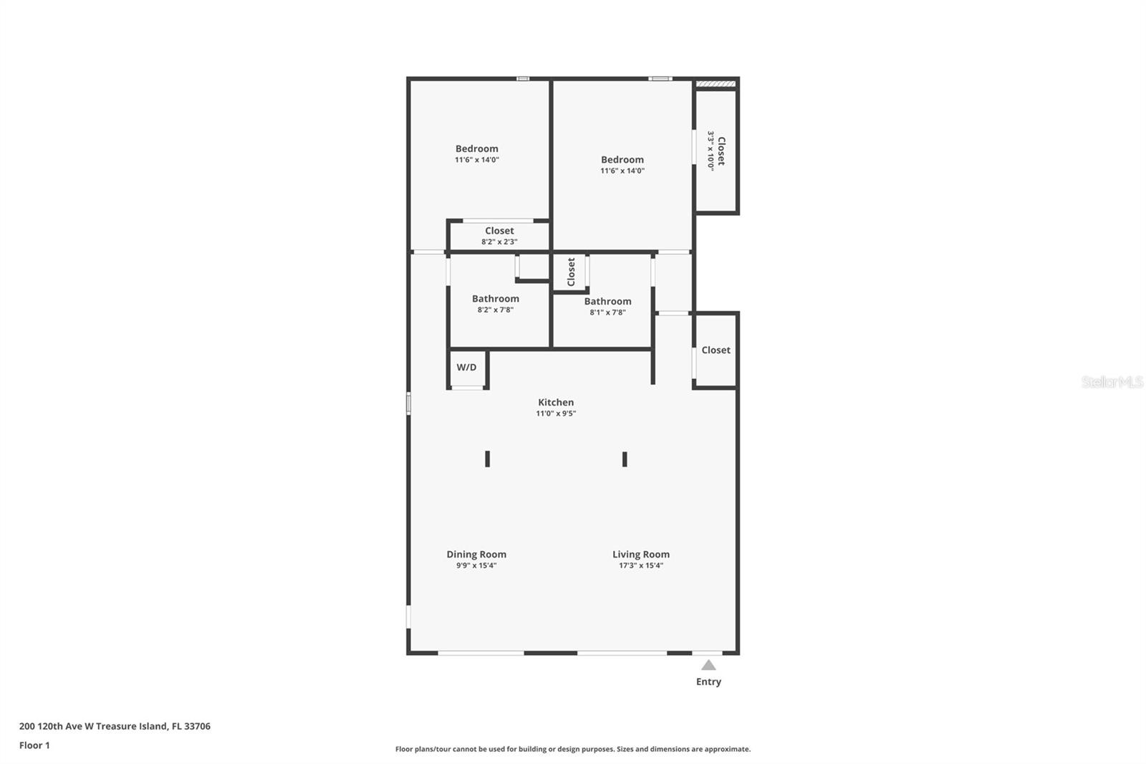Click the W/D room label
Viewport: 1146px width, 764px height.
pyautogui.click(x=466, y=368)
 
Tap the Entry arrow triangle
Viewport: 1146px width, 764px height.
pyautogui.click(x=708, y=665)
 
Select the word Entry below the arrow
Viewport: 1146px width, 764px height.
pyautogui.click(x=708, y=682)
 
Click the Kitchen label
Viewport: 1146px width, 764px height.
pyautogui.click(x=556, y=403)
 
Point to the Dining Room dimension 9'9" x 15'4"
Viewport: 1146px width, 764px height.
pyautogui.click(x=476, y=565)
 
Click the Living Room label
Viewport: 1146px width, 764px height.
pyautogui.click(x=640, y=554)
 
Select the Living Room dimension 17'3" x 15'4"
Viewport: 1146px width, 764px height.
pyautogui.click(x=640, y=565)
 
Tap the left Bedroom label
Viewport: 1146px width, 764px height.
pyautogui.click(x=476, y=149)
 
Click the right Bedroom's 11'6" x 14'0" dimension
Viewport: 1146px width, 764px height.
pyautogui.click(x=622, y=171)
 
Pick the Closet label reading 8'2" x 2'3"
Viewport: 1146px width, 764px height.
pyautogui.click(x=499, y=231)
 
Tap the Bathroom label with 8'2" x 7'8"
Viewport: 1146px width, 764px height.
pyautogui.click(x=495, y=299)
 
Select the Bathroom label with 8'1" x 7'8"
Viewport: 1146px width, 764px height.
pyautogui.click(x=607, y=302)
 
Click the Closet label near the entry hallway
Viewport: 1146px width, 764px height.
pyautogui.click(x=716, y=350)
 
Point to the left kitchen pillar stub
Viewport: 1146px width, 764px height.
pyautogui.click(x=488, y=459)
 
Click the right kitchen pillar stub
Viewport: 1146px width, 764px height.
pyautogui.click(x=625, y=459)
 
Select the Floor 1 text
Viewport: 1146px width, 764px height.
pyautogui.click(x=34, y=745)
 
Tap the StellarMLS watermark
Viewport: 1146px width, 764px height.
pyautogui.click(x=1112, y=382)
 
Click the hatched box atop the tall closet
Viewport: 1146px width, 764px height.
pyautogui.click(x=716, y=84)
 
